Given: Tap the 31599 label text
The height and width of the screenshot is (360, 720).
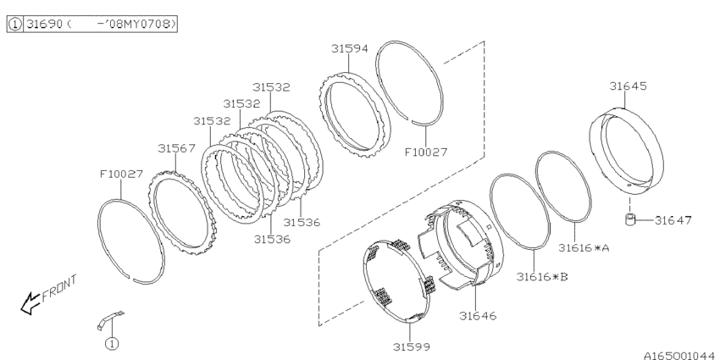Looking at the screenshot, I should coord(413,347).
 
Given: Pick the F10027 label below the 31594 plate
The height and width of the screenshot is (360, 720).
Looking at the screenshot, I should coord(425,152).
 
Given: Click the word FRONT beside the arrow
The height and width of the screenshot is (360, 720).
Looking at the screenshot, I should coord(58,287).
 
